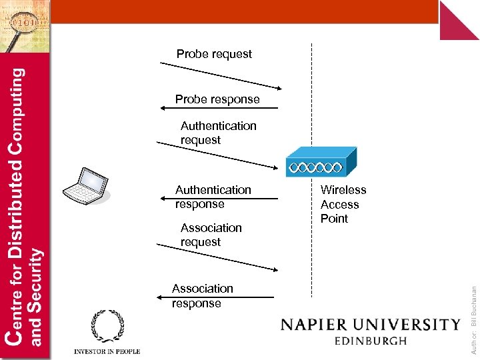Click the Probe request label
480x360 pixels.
(214, 54)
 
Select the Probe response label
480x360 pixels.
(217, 99)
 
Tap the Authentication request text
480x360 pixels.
(218, 133)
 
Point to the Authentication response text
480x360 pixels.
(213, 197)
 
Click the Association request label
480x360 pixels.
(211, 235)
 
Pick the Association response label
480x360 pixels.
(202, 295)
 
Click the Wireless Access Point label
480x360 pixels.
(343, 204)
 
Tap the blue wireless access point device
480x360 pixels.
(321, 163)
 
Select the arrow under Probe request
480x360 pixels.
(221, 75)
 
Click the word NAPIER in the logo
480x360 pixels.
(322, 325)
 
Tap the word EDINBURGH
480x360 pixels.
(370, 341)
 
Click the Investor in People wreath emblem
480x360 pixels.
(107, 327)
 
